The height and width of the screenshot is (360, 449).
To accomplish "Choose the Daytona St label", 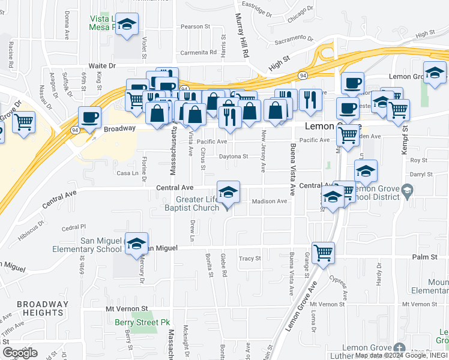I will click(234, 157).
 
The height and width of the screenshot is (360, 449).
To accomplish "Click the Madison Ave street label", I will click(269, 202).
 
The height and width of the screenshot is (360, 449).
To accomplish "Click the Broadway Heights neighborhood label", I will click(40, 308).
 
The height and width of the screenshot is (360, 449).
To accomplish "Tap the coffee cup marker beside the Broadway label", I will click(89, 117).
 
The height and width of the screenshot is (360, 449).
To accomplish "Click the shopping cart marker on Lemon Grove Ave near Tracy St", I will click(323, 252).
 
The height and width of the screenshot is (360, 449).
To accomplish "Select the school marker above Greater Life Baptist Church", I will click(228, 192).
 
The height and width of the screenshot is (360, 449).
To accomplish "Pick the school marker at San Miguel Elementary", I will click(136, 243).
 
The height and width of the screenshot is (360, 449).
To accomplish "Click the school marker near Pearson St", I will click(127, 24).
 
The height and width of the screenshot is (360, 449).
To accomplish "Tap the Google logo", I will click(20, 353).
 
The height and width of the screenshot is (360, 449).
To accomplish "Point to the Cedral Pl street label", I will click(74, 228).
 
